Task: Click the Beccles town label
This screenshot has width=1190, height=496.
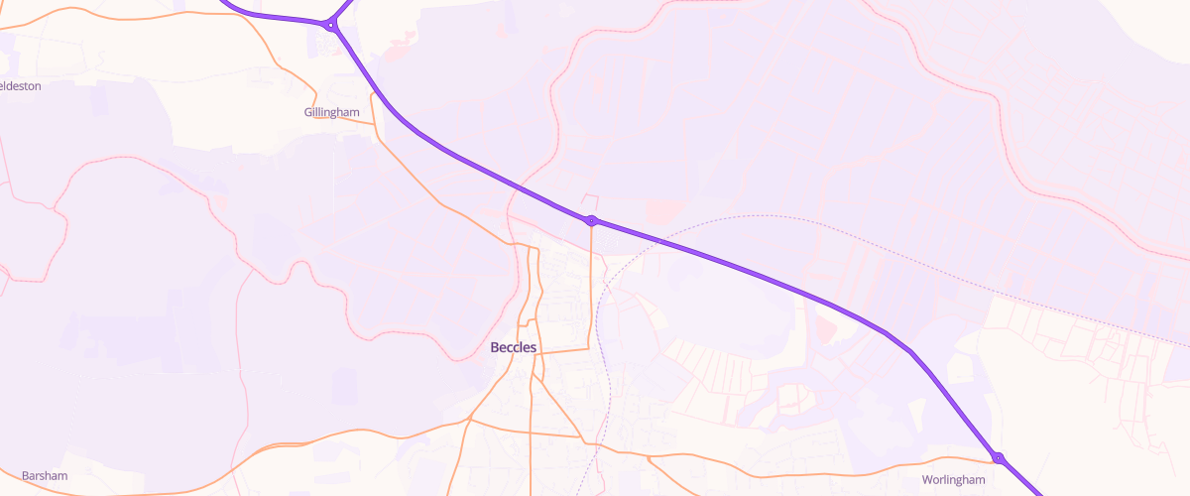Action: point(514,347)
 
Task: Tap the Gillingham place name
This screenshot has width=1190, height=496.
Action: point(331,112)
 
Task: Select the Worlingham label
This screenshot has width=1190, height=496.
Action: point(953,480)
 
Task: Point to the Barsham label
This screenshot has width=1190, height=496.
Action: point(45,476)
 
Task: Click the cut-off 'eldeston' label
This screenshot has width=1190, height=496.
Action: point(20,86)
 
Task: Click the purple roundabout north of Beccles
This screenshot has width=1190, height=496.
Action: point(591,220)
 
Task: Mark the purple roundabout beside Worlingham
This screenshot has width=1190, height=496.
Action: point(999,457)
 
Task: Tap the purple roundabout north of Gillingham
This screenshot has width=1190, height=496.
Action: point(330,26)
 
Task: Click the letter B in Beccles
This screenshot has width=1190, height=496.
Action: point(495,347)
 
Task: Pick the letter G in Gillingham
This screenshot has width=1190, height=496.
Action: point(308,112)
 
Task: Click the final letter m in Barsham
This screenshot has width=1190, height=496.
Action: point(62,476)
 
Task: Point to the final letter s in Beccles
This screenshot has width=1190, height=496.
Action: point(534,347)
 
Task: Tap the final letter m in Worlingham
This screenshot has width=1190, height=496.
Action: point(980,480)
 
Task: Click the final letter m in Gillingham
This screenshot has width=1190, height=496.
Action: point(354,112)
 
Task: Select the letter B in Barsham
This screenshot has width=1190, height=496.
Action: point(25,476)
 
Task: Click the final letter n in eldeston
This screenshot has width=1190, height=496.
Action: point(37,86)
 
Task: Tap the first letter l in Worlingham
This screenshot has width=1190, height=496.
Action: point(944,480)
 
